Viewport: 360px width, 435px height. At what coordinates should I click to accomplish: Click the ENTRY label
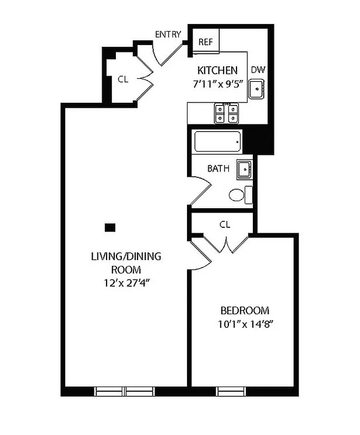(167, 34)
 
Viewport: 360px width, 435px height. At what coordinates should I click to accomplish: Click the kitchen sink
(256, 89)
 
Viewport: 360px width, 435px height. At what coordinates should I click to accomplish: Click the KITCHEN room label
(217, 70)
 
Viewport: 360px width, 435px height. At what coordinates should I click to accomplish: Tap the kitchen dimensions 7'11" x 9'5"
(217, 84)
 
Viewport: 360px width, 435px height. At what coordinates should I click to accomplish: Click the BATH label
(218, 169)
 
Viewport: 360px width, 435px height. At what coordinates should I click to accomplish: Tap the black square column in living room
(110, 227)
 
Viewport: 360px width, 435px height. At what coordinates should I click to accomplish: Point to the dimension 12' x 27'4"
(126, 282)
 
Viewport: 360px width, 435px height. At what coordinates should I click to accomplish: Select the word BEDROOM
(245, 311)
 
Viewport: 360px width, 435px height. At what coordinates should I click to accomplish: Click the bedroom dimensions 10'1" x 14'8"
(245, 325)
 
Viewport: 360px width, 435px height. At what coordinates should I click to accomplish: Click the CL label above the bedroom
(225, 224)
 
